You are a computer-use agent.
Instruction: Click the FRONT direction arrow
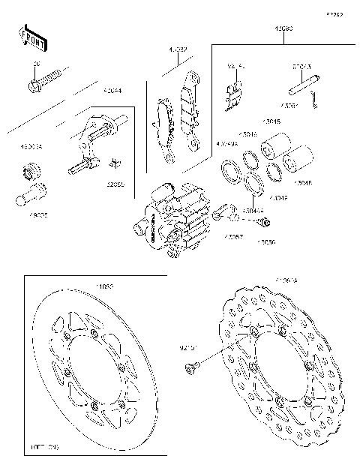[29, 37]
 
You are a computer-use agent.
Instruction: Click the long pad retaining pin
[301, 87]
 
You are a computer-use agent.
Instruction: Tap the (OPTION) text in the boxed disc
[44, 446]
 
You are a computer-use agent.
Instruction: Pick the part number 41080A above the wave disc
[286, 280]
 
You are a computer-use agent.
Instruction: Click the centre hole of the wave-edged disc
[269, 365]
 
